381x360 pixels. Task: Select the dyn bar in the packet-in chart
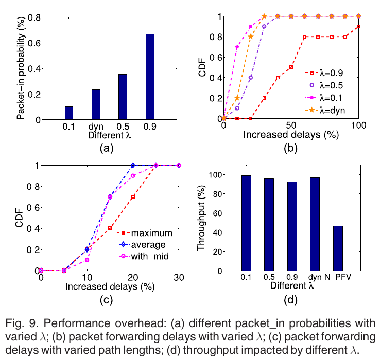point(96,105)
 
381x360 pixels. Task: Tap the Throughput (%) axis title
point(202,222)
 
